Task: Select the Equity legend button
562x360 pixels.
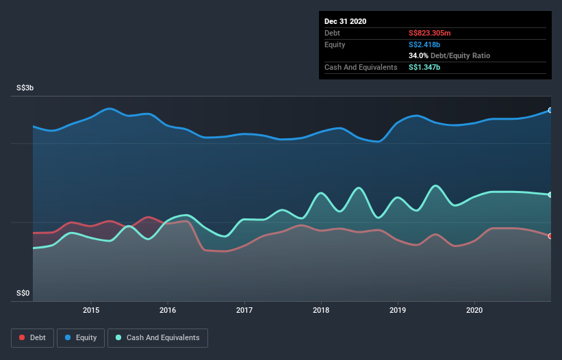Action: click(x=81, y=337)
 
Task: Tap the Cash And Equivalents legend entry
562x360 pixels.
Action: click(x=157, y=337)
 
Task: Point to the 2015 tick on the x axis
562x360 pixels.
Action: click(x=91, y=310)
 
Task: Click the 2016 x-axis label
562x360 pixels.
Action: click(x=168, y=310)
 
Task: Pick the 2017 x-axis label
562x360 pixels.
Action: click(x=244, y=310)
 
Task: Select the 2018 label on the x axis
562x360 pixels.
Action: click(x=321, y=310)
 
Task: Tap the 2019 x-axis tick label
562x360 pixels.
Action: click(x=398, y=310)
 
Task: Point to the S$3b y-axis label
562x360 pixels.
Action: click(x=26, y=88)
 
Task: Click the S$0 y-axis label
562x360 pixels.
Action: click(x=24, y=294)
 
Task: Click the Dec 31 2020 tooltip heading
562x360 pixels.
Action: click(x=345, y=21)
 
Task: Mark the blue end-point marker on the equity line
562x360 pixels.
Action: click(x=550, y=110)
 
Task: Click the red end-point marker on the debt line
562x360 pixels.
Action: click(x=550, y=236)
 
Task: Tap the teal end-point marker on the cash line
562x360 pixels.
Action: click(x=550, y=195)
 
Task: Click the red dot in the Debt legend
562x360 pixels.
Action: click(x=23, y=337)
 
